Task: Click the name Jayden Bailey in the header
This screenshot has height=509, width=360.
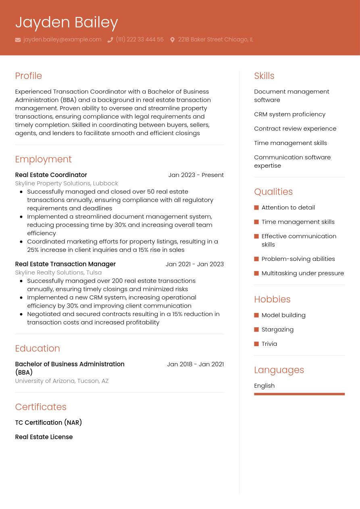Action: [67, 22]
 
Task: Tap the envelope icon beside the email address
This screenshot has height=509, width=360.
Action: [18, 40]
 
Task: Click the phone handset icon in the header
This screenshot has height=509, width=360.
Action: [110, 40]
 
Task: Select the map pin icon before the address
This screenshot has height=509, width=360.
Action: [172, 40]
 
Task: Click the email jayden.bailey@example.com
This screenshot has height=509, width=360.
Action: [62, 39]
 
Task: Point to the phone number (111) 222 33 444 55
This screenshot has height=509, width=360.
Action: [139, 39]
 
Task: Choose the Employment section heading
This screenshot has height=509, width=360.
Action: [43, 159]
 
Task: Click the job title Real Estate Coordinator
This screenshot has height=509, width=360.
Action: [51, 175]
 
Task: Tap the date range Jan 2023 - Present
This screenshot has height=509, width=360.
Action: [196, 175]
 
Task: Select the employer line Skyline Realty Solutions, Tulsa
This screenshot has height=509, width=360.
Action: [58, 272]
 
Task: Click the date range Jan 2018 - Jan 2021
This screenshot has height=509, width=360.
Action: [195, 364]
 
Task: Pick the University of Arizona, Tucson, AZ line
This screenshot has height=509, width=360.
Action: [62, 381]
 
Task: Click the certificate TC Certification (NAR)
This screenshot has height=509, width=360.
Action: [48, 422]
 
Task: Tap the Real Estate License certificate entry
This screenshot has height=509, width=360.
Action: [44, 437]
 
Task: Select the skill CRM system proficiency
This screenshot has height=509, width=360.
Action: [289, 114]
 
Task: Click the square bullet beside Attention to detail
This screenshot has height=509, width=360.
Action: [256, 208]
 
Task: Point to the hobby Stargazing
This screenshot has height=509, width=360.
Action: [277, 329]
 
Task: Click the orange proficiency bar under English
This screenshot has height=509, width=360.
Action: [299, 394]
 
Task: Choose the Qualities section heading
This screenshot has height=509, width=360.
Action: [273, 192]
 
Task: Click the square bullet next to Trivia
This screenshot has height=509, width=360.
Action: [256, 344]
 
